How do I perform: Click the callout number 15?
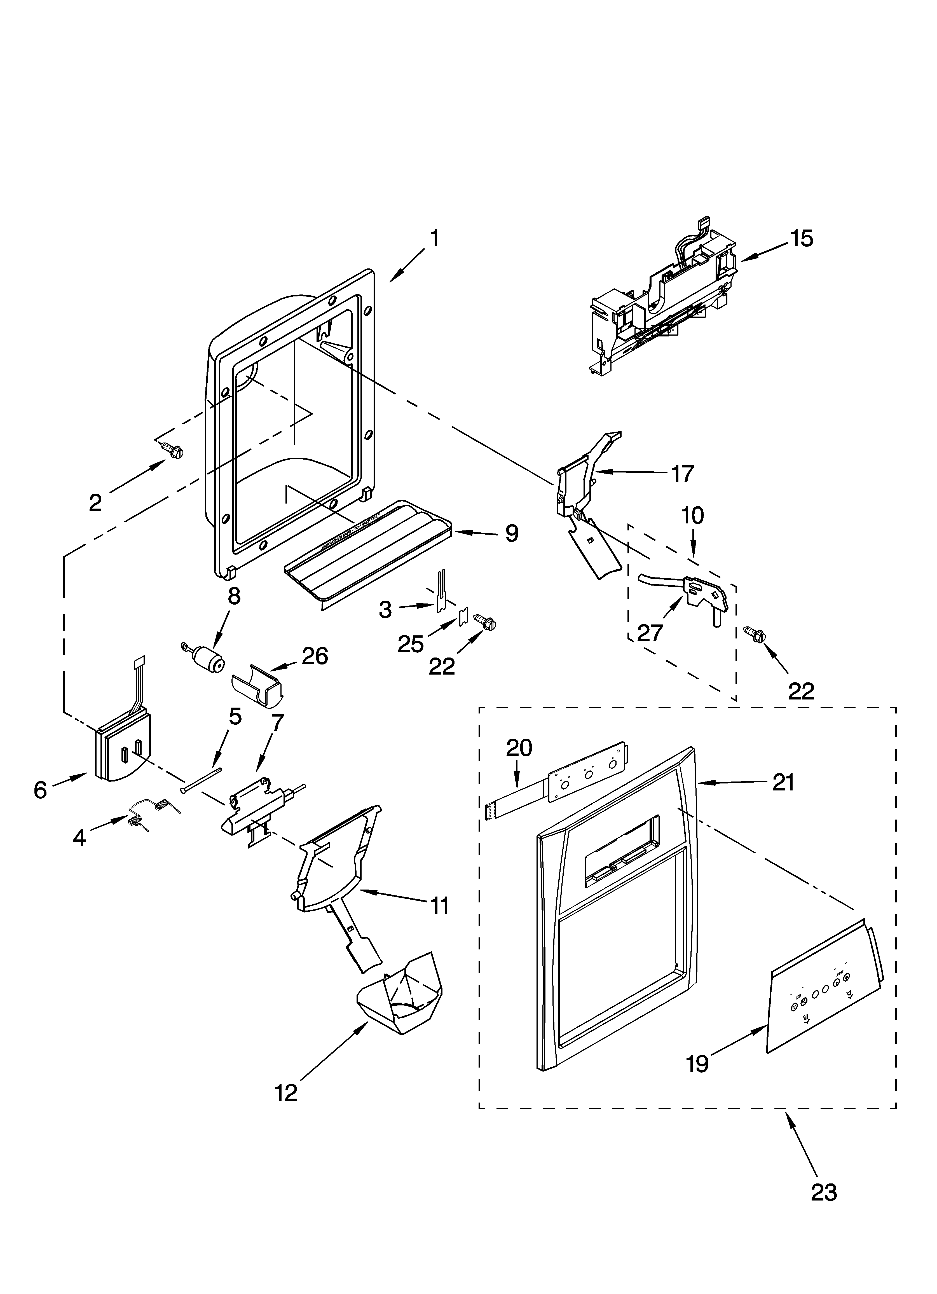(x=802, y=238)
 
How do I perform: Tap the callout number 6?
(x=40, y=790)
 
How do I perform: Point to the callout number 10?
(x=692, y=516)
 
